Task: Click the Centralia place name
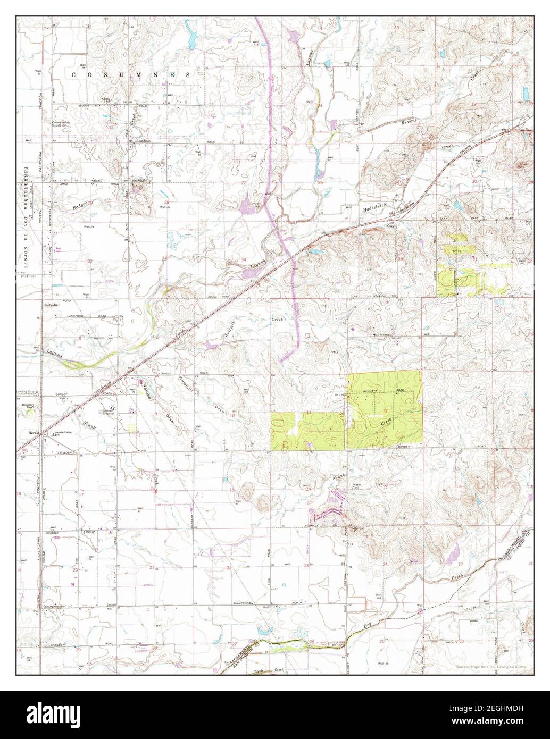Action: [51, 306]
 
